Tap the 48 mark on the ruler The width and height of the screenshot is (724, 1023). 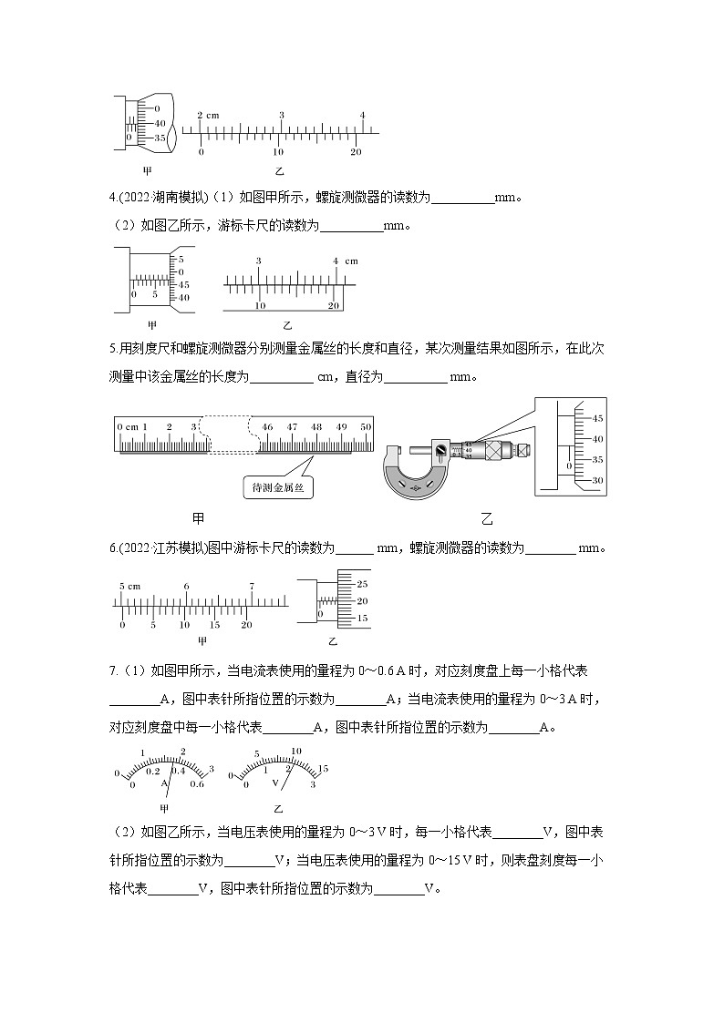(316, 426)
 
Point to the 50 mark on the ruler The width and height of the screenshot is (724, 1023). (366, 426)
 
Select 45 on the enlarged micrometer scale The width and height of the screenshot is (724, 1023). (598, 418)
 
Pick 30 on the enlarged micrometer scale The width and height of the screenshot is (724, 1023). (598, 480)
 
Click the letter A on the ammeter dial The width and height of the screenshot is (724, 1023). (165, 783)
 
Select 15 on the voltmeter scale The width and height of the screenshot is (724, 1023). (322, 770)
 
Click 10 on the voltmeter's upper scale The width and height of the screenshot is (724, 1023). (295, 752)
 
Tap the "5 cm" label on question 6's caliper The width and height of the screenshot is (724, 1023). (128, 585)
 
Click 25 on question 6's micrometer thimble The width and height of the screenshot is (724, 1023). (362, 583)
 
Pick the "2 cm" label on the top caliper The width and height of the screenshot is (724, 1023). (209, 115)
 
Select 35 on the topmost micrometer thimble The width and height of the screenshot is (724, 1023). (160, 138)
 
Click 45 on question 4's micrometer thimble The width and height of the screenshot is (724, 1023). (182, 284)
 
